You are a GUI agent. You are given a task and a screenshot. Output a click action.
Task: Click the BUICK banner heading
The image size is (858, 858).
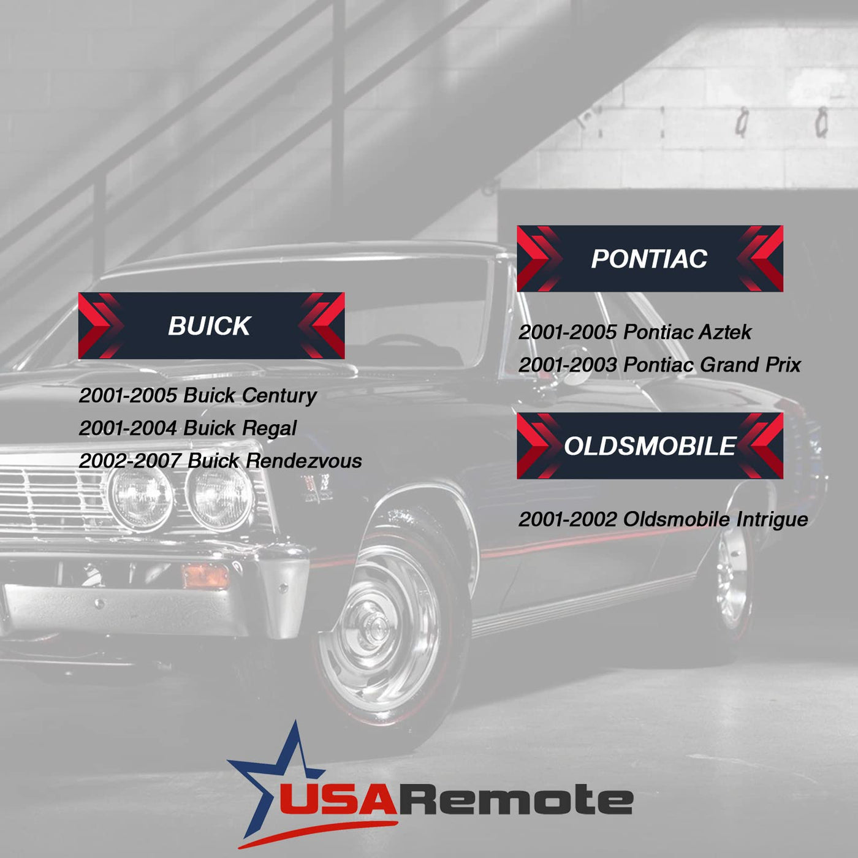click(209, 326)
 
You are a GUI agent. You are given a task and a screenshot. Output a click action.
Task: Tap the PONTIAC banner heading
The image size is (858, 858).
click(649, 259)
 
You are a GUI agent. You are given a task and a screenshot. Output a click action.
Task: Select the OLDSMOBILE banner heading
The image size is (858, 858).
click(650, 446)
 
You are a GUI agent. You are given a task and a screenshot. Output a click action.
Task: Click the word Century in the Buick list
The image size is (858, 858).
click(279, 396)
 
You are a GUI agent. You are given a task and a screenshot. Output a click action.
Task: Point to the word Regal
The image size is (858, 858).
click(269, 428)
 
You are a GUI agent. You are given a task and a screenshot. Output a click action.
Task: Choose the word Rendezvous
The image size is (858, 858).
click(303, 461)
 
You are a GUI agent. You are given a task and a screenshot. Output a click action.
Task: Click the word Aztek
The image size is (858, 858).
click(725, 332)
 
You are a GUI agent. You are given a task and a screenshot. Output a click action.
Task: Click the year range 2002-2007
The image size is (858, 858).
click(130, 461)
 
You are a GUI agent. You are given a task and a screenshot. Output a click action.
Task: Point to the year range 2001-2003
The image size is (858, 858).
click(568, 365)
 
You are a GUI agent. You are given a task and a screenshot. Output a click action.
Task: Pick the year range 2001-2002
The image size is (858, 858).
click(568, 520)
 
